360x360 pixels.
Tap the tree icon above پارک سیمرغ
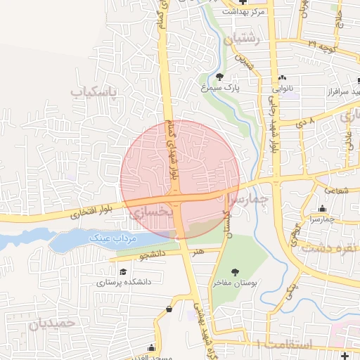coord(220,77)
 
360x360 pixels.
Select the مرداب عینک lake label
coord(110,239)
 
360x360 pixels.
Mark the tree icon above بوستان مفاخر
coord(234,271)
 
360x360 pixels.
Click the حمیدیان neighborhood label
coord(51,324)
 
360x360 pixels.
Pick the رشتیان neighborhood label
coord(242,40)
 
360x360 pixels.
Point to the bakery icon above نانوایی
coord(282,77)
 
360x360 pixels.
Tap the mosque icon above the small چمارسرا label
coord(322,208)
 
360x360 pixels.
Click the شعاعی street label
coord(335,191)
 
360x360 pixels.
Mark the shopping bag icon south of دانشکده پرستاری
coord(169,309)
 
